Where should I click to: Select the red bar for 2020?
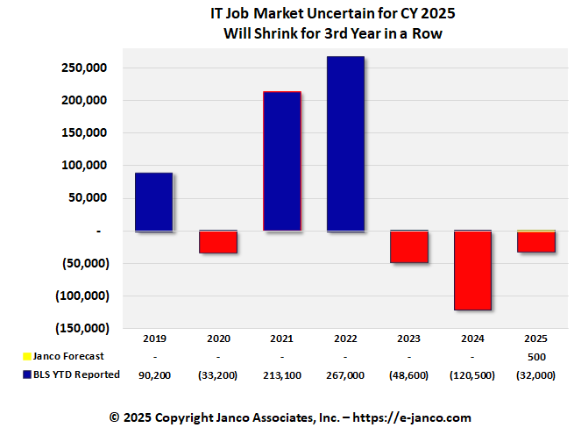(217, 241)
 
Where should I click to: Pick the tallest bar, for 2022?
(345, 144)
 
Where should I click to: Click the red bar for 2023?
(409, 246)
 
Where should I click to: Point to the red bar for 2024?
(473, 270)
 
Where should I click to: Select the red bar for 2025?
(536, 242)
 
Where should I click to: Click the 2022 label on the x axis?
(345, 339)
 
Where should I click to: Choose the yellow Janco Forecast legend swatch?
(25, 356)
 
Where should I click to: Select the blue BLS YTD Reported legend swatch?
(25, 374)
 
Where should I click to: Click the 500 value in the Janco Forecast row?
(536, 356)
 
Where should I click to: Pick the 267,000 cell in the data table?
(345, 374)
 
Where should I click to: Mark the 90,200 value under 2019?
(153, 374)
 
